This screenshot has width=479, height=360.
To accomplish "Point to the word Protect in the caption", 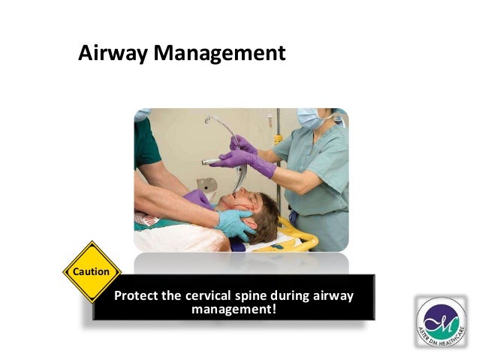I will point(138,295).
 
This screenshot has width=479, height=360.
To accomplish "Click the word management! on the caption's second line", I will point(233,308).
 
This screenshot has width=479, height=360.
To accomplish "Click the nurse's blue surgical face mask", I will point(311,119).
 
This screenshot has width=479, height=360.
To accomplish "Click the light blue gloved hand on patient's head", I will point(233,223).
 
